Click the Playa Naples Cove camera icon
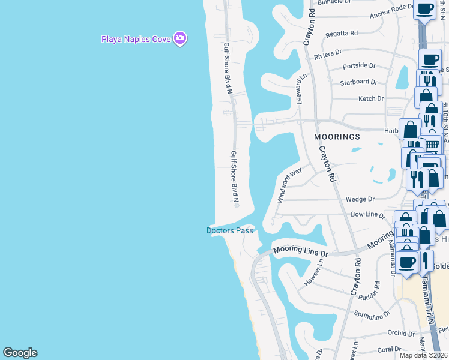(180, 39)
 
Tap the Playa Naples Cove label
(136, 40)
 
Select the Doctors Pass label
(230, 230)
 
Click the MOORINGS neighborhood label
(337, 137)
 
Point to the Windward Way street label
(289, 185)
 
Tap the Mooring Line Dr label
(299, 251)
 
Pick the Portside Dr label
(359, 65)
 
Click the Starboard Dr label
(358, 82)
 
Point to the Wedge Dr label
(360, 199)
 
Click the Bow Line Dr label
(367, 214)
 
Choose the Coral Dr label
(389, 349)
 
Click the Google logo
(20, 353)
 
